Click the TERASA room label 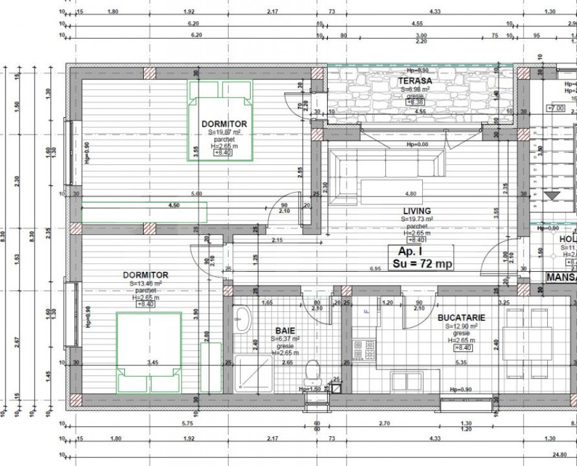(x=415, y=81)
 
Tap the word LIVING (x=416, y=211)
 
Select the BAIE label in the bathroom (x=285, y=331)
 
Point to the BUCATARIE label (x=461, y=317)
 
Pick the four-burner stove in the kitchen (x=364, y=350)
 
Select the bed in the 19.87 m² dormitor (x=219, y=121)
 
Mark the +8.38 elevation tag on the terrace (x=415, y=103)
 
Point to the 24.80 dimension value (x=559, y=454)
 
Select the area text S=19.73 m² (x=416, y=218)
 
